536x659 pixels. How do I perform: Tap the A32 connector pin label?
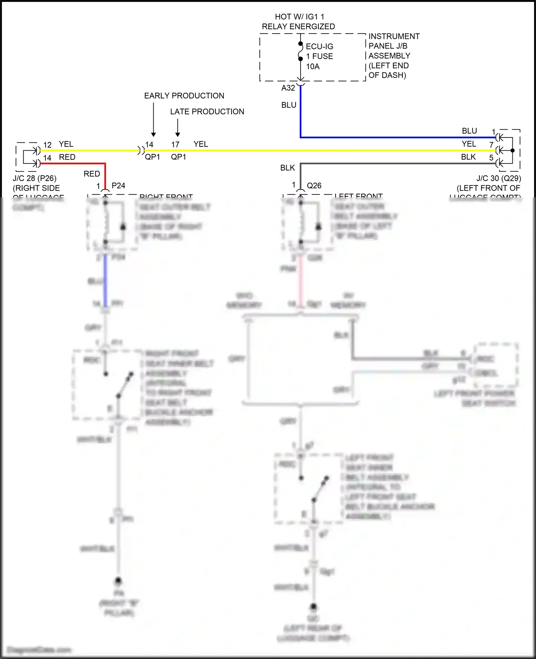[288, 88]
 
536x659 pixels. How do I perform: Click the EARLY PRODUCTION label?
[184, 96]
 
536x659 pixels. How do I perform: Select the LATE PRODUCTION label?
[207, 111]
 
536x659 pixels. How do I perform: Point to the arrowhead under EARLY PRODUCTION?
[153, 135]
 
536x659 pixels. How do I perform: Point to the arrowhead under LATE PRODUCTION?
[178, 135]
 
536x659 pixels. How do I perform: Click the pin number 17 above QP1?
[175, 145]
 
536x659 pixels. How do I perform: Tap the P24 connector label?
[118, 186]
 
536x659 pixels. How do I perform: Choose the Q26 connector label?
[314, 186]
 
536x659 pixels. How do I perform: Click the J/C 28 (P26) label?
[35, 178]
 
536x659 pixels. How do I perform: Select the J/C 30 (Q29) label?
[498, 178]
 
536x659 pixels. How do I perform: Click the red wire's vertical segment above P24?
[105, 177]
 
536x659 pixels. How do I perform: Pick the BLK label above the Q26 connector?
[288, 168]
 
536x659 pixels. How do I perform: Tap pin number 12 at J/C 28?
[47, 145]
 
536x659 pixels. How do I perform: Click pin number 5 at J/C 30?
[491, 158]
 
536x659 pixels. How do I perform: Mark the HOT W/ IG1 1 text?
[299, 17]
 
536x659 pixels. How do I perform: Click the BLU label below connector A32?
[289, 105]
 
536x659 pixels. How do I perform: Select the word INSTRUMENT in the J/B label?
[394, 36]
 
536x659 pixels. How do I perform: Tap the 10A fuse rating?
[313, 66]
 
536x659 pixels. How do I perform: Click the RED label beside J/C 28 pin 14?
[67, 157]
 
